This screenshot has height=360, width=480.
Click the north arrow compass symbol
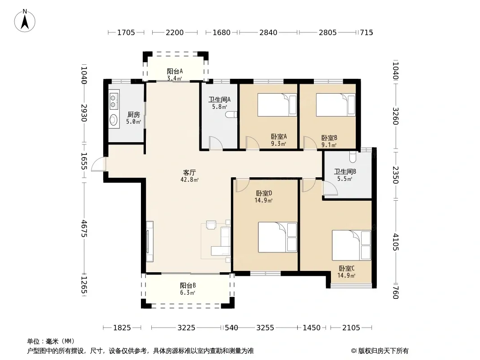point(25,21)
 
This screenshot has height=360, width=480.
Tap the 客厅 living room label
point(190,172)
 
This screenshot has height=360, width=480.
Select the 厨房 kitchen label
point(133,114)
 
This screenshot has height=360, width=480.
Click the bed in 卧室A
point(277,104)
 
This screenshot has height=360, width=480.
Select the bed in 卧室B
point(335,104)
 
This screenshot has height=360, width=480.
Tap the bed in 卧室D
point(277,237)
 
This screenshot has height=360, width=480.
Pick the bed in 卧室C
point(351,245)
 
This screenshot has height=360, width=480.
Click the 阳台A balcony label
point(175,71)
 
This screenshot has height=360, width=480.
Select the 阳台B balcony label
point(188,285)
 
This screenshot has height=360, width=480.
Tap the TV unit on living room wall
point(149,241)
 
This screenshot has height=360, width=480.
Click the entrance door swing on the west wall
point(99,164)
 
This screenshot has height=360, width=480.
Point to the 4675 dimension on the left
point(84,229)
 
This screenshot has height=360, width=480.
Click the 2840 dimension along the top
point(268,32)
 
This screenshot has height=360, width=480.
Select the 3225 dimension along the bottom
point(186,328)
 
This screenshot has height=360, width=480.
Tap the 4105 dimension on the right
point(395,242)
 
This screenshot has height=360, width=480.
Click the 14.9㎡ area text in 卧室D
point(263,201)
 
